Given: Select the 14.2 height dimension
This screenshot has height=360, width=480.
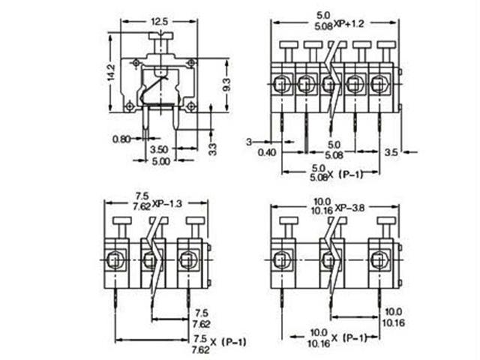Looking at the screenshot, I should [x=111, y=73].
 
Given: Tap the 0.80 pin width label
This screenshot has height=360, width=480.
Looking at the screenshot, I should [x=122, y=139].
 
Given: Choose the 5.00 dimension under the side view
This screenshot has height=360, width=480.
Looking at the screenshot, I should [x=160, y=160].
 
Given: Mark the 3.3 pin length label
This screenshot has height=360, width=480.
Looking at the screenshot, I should [x=212, y=148].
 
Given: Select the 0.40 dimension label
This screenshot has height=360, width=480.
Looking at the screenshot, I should [x=266, y=152].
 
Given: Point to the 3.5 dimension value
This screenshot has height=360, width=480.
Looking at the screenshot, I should [x=390, y=152].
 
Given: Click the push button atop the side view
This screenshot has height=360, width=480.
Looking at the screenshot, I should [x=161, y=36].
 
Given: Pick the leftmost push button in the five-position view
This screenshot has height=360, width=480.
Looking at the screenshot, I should [x=289, y=45].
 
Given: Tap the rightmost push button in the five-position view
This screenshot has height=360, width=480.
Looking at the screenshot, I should [x=385, y=45].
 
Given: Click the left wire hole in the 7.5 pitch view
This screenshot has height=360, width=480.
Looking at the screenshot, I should [x=116, y=261].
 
